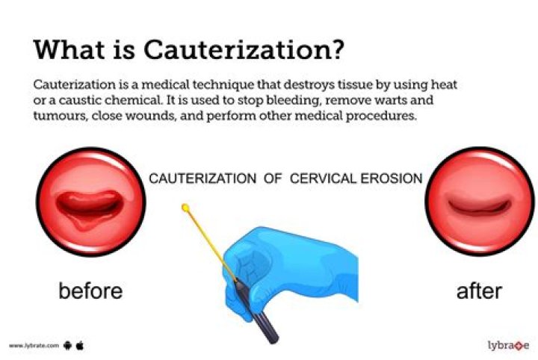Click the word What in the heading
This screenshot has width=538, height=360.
[x=71, y=49]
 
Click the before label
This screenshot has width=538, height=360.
[x=90, y=290]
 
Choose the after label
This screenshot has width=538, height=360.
[x=479, y=290]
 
